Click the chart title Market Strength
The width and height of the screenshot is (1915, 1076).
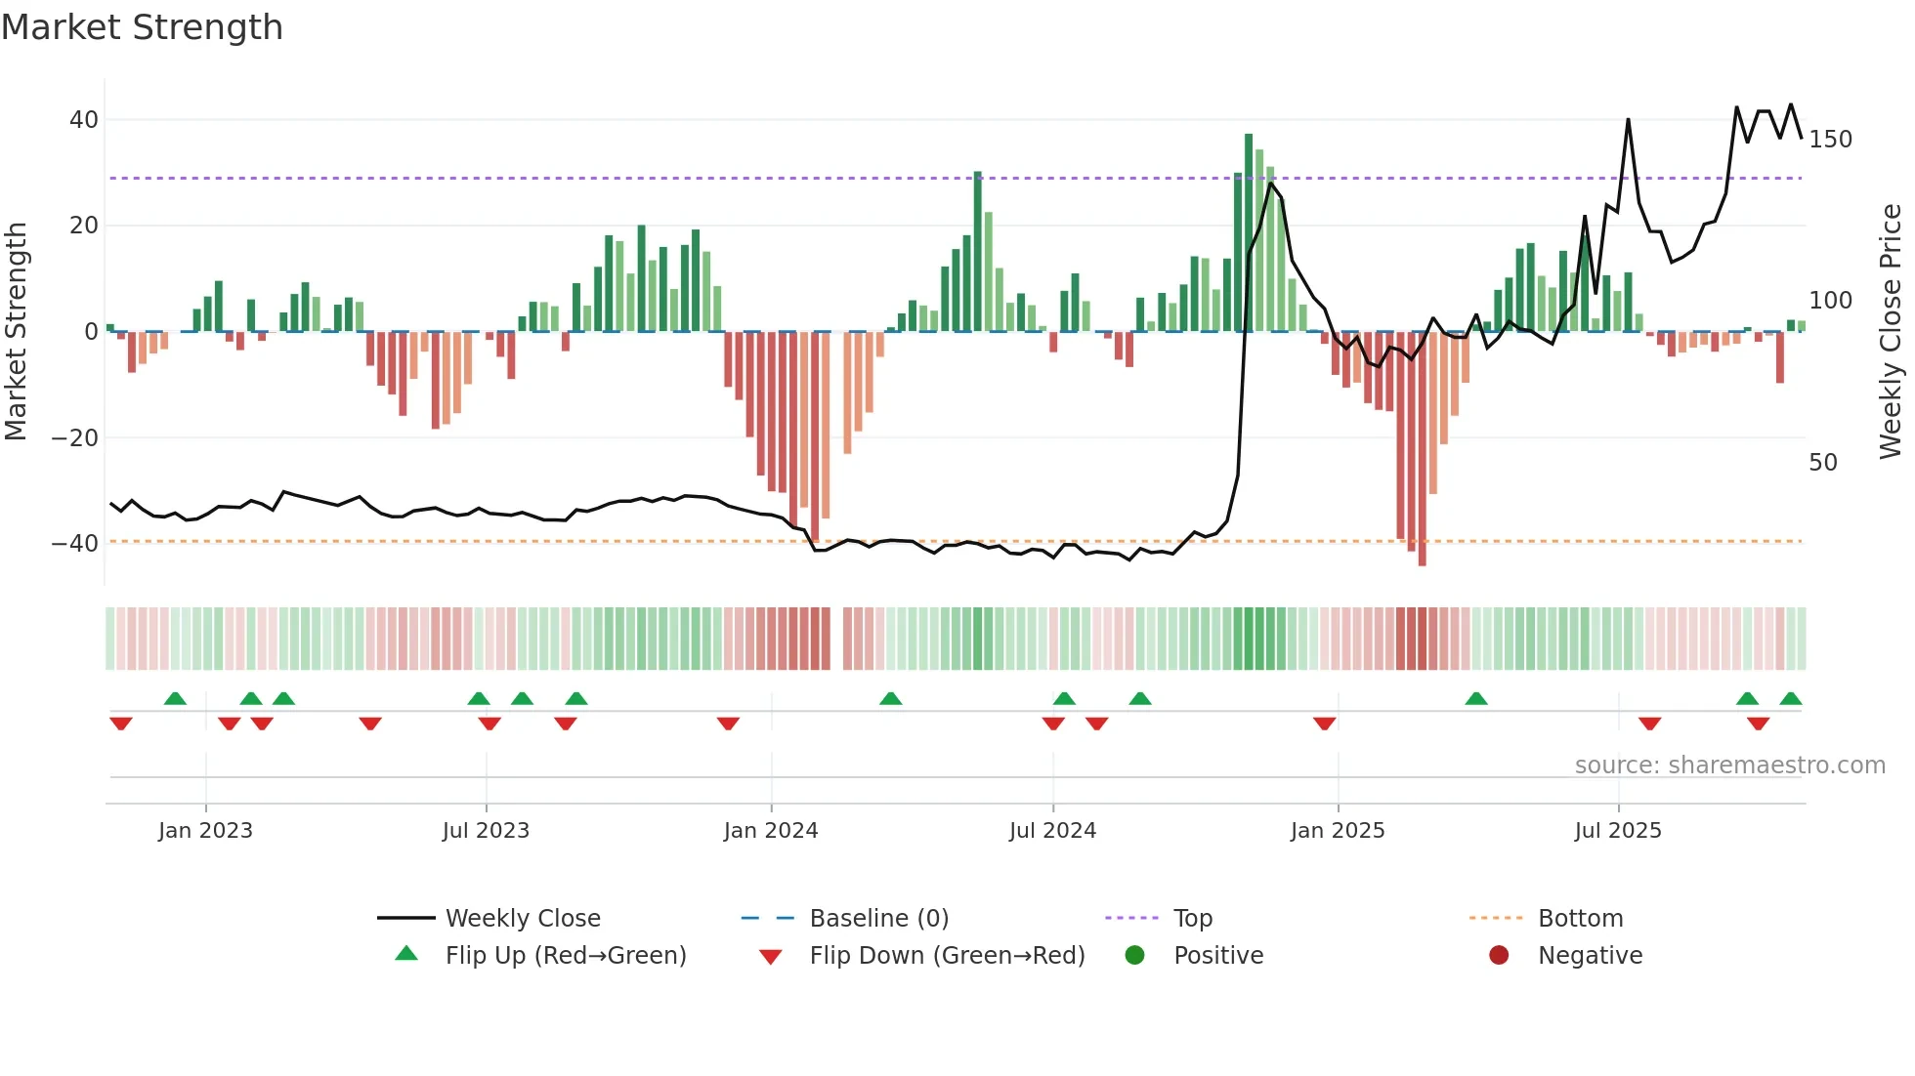[x=142, y=27]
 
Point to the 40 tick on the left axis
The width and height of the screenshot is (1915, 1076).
[x=84, y=120]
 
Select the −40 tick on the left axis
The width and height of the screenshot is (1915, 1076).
[x=75, y=544]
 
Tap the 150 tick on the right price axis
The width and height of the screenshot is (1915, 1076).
[x=1830, y=140]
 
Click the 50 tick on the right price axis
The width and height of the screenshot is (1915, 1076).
[x=1823, y=463]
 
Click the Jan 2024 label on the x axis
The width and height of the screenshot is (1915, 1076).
[x=771, y=831]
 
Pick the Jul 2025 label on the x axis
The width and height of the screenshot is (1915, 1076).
[x=1618, y=831]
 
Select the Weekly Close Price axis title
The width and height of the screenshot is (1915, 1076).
[x=1891, y=332]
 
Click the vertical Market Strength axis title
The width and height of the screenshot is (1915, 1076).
[x=16, y=332]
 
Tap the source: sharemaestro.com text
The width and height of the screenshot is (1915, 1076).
[x=1729, y=766]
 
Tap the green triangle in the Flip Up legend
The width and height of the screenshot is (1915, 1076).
[x=406, y=954]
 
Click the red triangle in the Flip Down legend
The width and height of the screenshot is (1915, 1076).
[x=770, y=957]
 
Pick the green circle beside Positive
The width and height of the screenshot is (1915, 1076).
[x=1134, y=955]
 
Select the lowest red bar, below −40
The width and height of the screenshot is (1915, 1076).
[x=1422, y=449]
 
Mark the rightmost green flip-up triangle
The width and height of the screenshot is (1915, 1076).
[x=1790, y=699]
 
